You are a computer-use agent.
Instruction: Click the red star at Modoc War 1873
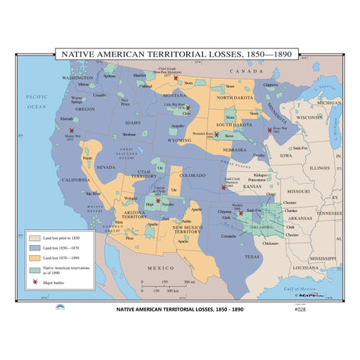[x=72, y=131]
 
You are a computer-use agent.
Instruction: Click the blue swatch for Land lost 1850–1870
[x=34, y=245]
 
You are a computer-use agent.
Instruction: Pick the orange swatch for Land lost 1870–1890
[x=34, y=257]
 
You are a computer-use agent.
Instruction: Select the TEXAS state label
[x=251, y=255]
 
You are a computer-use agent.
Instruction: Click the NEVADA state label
[x=106, y=167]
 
